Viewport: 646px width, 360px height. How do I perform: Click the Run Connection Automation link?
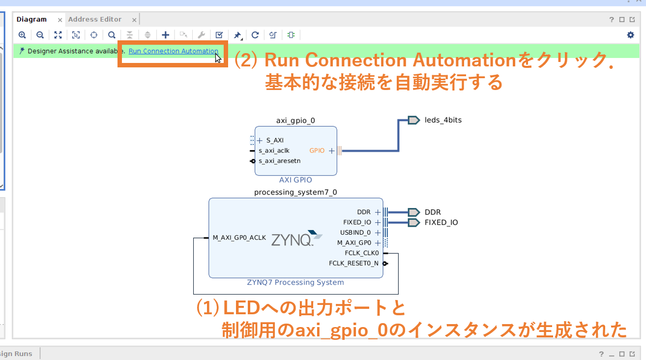pos(173,51)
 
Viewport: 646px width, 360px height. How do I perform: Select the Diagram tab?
pos(31,20)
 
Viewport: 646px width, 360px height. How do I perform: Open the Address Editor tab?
pos(95,20)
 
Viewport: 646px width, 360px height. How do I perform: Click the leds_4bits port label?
pos(443,120)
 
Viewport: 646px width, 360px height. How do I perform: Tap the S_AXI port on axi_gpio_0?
pos(275,140)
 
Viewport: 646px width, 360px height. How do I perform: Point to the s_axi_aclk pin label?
pos(274,150)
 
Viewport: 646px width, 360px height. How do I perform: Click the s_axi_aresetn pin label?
pos(279,161)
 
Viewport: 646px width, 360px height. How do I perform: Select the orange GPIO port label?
pos(317,150)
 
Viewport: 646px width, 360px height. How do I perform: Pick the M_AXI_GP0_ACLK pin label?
pos(239,238)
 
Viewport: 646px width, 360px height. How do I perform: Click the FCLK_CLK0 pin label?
pos(362,253)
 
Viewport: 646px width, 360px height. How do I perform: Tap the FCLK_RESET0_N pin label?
pos(354,264)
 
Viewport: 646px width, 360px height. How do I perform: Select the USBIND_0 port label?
pos(355,233)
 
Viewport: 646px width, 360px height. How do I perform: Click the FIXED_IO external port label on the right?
pos(441,223)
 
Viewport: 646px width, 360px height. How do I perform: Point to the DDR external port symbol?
pos(414,212)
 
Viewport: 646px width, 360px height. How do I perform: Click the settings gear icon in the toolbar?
pos(630,35)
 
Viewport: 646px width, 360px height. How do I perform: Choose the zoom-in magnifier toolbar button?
pos(22,35)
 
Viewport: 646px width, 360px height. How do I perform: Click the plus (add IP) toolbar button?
pos(166,35)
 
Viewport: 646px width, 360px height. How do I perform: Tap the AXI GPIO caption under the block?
pos(295,180)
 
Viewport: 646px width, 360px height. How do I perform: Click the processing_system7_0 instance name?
pos(295,192)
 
